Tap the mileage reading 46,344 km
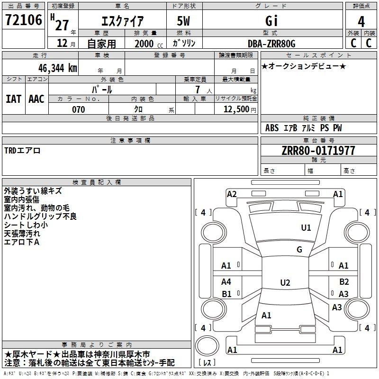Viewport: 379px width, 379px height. click(x=55, y=68)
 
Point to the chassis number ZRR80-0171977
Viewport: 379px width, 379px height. click(x=318, y=151)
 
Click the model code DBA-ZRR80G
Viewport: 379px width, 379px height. click(x=271, y=44)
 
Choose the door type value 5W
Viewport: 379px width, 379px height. click(x=184, y=21)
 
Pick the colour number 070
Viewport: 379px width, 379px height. click(x=78, y=109)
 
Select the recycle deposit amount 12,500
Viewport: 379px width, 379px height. click(x=235, y=109)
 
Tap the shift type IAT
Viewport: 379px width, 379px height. click(x=13, y=99)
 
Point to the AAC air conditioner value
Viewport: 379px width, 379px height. click(x=36, y=99)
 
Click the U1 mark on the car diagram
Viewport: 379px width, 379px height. click(x=306, y=228)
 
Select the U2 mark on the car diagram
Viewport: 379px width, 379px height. click(x=285, y=283)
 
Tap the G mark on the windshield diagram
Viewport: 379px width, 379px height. click(x=299, y=250)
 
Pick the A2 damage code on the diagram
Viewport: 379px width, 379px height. click(x=232, y=194)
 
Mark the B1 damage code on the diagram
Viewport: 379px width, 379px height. click(x=226, y=294)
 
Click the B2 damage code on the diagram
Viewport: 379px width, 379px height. click(x=344, y=282)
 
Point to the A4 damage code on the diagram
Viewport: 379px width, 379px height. click(x=226, y=282)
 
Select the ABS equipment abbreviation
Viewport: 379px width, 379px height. click(x=272, y=128)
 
